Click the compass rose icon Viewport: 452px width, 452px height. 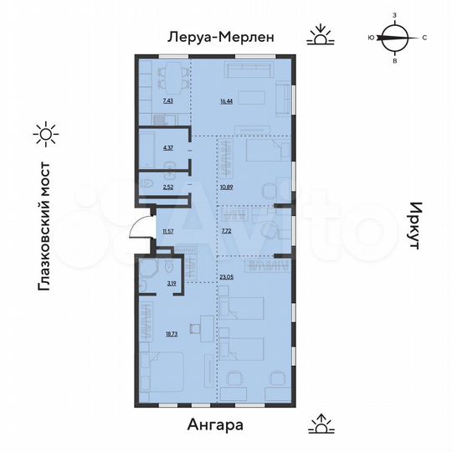click(393, 37)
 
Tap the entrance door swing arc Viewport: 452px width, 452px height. click(136, 224)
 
